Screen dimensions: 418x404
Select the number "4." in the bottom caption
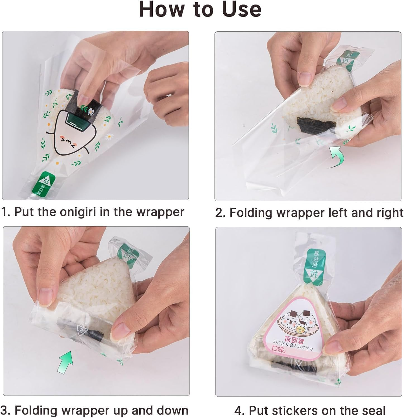240,411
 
